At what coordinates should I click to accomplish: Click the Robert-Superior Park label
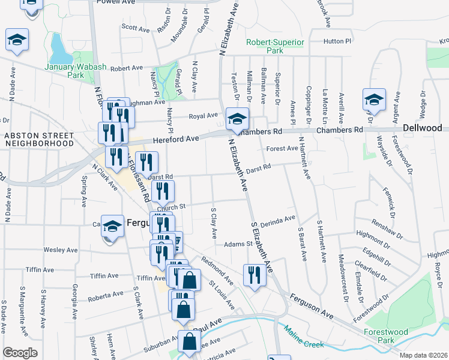pos(275,47)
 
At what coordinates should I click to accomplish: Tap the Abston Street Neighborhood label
pos(38,139)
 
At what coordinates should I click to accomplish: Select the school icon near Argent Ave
pos(373,100)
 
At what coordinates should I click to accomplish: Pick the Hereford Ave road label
pos(176,139)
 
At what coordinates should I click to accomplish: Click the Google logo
pos(20,352)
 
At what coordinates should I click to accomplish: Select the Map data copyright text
pos(423,355)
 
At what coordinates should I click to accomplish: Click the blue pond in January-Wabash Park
pos(59,45)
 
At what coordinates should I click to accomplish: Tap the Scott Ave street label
pos(135,28)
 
